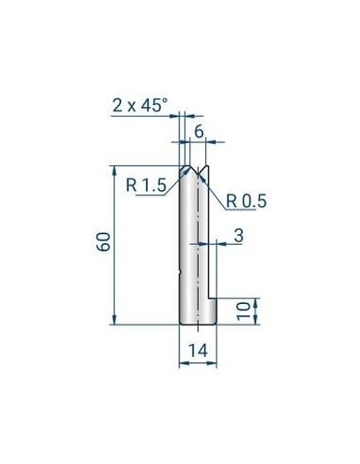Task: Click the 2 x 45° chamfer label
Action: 140,105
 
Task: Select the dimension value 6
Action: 199,131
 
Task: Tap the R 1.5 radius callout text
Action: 146,186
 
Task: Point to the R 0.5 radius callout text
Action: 246,201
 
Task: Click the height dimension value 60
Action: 103,242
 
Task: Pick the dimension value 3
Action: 239,236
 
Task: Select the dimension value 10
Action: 244,311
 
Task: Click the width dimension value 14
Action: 198,351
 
